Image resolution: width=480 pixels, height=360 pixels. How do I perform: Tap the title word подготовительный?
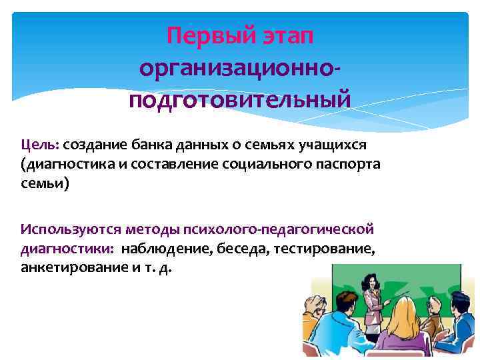tap(239, 101)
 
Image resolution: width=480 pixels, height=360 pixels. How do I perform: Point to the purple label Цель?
tap(40, 145)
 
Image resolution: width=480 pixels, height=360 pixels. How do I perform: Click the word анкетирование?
tap(63, 267)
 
